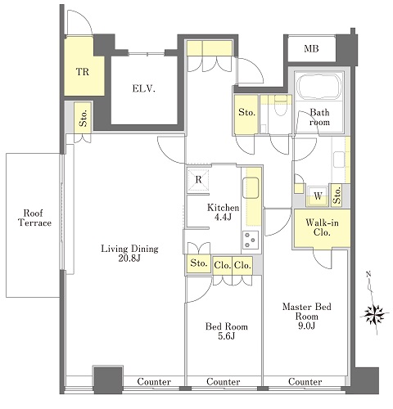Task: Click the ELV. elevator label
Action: [x=144, y=88]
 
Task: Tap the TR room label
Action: [x=83, y=72]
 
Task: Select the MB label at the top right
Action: [x=311, y=49]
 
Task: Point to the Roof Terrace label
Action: [x=34, y=218]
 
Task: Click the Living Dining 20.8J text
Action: [x=129, y=254]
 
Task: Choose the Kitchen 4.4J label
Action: [x=223, y=212]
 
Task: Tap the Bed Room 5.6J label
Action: [x=227, y=331]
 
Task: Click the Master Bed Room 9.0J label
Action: [x=307, y=317]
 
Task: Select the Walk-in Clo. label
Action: [x=322, y=227]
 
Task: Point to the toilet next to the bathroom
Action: [x=280, y=106]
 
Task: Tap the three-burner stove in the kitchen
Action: [x=251, y=240]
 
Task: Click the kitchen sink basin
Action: [x=251, y=188]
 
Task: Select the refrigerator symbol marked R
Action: [x=198, y=179]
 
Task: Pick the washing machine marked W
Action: [x=318, y=196]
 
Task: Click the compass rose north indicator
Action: [x=374, y=314]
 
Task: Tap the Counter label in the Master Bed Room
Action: [x=305, y=381]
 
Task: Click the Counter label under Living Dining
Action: [x=154, y=381]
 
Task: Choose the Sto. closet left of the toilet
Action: [x=246, y=115]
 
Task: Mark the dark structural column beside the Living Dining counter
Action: [x=108, y=380]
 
